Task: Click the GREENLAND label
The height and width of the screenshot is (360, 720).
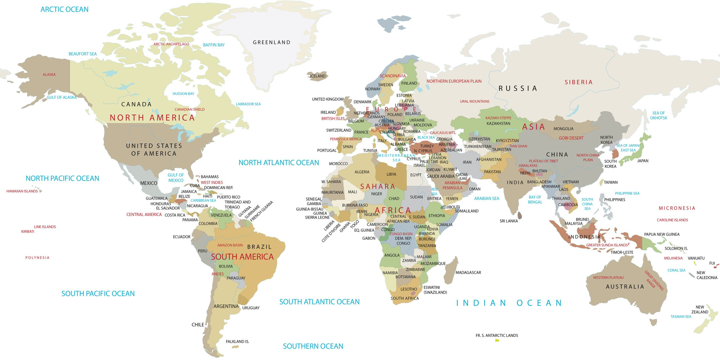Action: pyautogui.click(x=271, y=42)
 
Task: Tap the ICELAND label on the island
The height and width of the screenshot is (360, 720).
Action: pyautogui.click(x=318, y=76)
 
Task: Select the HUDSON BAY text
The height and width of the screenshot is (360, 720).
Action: pyautogui.click(x=183, y=94)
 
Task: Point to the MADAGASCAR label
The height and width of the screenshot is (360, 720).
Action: pyautogui.click(x=468, y=273)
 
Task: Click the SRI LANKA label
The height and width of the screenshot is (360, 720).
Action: pyautogui.click(x=508, y=221)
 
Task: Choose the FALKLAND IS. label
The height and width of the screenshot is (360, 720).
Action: pyautogui.click(x=237, y=341)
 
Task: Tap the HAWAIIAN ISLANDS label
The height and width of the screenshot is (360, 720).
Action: pyautogui.click(x=22, y=191)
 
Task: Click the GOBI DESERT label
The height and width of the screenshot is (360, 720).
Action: pyautogui.click(x=571, y=138)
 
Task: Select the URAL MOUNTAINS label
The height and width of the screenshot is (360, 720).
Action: pyautogui.click(x=474, y=102)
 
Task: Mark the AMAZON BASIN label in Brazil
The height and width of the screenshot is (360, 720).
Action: pyautogui.click(x=230, y=245)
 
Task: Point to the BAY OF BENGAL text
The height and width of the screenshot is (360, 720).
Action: pyautogui.click(x=535, y=200)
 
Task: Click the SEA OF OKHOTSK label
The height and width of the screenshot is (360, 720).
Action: pyautogui.click(x=658, y=115)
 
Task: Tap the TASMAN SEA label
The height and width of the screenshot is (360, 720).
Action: pyautogui.click(x=681, y=317)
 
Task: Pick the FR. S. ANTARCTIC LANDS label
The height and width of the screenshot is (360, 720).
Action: pyautogui.click(x=497, y=336)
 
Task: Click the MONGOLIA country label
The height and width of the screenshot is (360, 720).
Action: pyautogui.click(x=563, y=129)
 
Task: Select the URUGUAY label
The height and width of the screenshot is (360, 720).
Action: pyautogui.click(x=251, y=308)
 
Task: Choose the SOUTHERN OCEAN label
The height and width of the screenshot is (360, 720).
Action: pyautogui.click(x=313, y=346)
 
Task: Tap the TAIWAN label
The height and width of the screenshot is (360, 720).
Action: pyautogui.click(x=611, y=182)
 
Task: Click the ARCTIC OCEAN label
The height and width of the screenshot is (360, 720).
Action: pyautogui.click(x=64, y=10)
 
